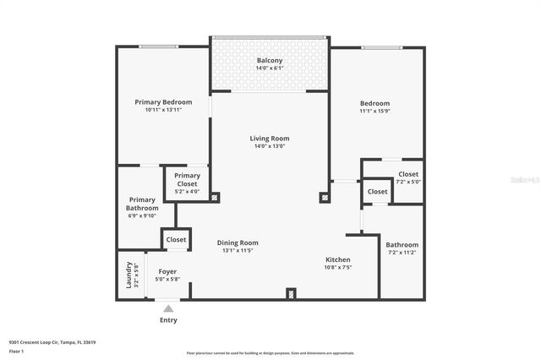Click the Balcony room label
[270, 61]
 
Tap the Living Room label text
[270, 139]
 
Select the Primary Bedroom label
[164, 101]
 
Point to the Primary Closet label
[187, 179]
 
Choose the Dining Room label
[239, 243]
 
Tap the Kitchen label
[338, 259]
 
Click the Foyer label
[167, 271]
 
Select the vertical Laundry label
[129, 275]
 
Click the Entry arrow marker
[168, 308]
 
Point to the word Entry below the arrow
[168, 321]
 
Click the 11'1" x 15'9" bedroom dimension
[374, 112]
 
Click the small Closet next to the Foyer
[176, 240]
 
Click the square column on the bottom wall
[291, 294]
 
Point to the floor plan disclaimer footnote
[270, 353]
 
